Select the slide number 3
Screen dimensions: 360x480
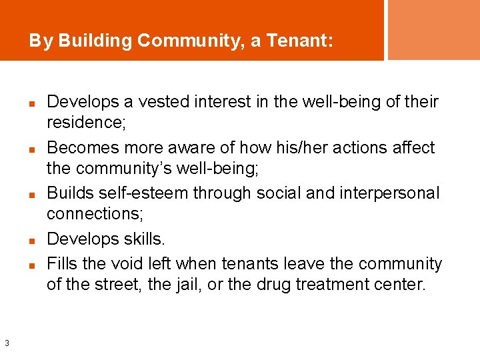click(6, 343)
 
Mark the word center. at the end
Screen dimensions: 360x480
click(401, 285)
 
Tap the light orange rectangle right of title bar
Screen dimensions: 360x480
click(433, 30)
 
